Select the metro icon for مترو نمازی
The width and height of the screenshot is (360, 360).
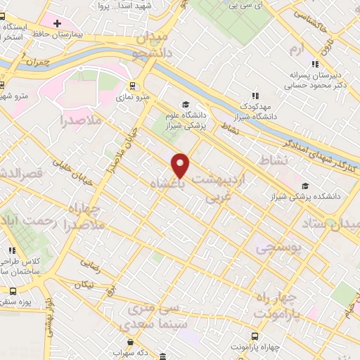(x=132, y=86)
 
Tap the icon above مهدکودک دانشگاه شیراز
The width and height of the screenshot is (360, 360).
(x=255, y=96)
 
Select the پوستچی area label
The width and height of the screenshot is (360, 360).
(x=276, y=247)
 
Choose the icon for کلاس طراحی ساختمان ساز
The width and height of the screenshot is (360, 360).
(x=11, y=250)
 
